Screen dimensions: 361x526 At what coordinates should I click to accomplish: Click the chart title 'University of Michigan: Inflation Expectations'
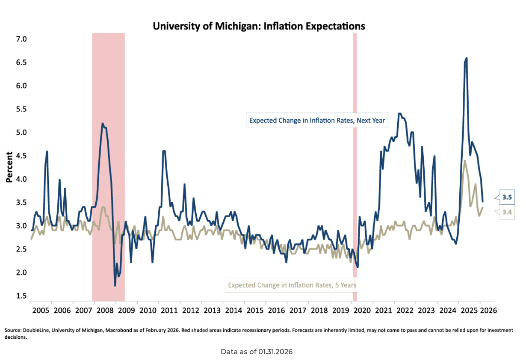coord(259,26)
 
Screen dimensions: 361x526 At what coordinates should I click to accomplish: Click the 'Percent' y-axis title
coord(9,167)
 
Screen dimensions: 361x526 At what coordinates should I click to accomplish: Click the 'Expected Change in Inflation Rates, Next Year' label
coord(317,121)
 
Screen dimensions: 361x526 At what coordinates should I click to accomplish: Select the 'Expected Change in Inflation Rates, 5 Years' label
coord(292,285)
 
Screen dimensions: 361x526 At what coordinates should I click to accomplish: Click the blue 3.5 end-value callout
coord(507,197)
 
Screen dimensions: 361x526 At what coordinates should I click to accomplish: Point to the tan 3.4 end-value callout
coord(507,213)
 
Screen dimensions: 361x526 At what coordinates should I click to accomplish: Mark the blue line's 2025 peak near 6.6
coord(466,58)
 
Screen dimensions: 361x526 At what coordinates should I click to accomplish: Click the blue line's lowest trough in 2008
coord(115,285)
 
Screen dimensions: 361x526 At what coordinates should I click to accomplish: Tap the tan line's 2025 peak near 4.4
coord(465,161)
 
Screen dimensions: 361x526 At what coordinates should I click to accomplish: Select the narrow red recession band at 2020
coord(355,167)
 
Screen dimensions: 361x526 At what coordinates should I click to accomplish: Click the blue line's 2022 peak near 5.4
coord(399,114)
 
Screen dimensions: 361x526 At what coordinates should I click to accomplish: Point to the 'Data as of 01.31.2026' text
coord(257,352)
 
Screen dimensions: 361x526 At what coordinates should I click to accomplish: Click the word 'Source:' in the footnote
coord(13,331)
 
